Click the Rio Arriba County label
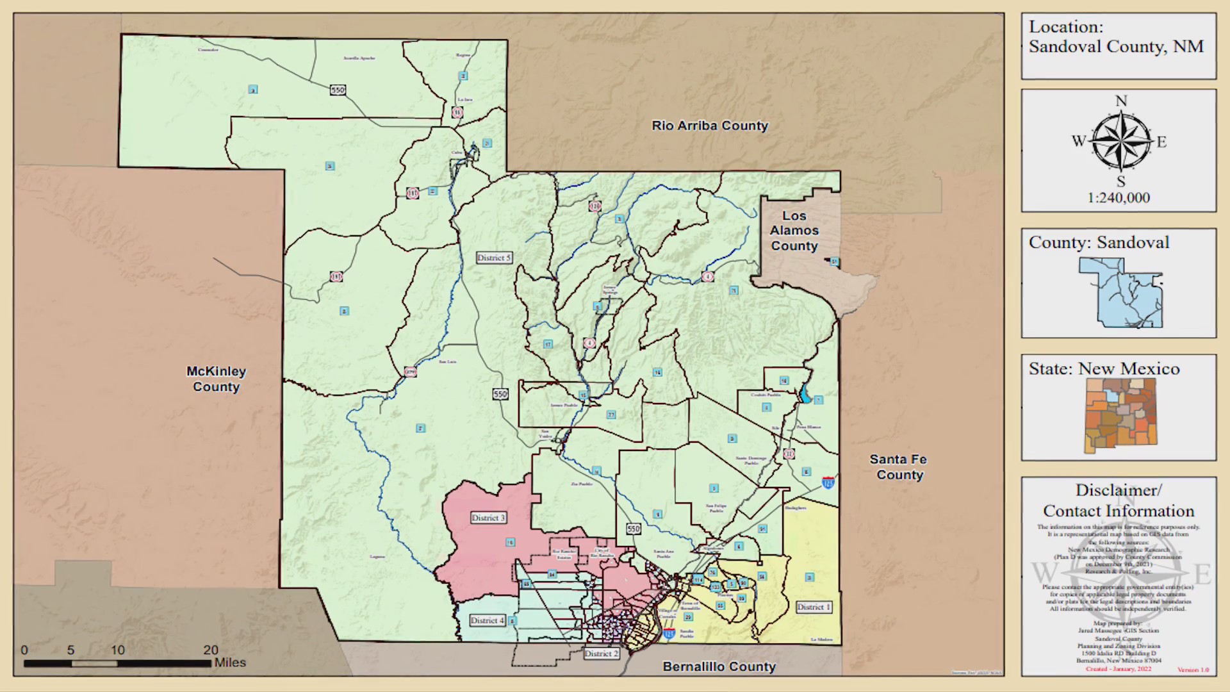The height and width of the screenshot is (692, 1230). pos(710,126)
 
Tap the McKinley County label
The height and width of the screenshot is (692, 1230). pos(216,379)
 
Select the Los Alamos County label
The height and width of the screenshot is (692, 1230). pos(794,231)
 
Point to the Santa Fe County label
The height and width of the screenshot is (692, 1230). pos(899,467)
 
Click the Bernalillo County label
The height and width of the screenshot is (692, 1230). pos(719,666)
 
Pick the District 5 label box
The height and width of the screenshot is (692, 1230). pos(494,258)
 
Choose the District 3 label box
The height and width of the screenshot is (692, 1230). pos(488,518)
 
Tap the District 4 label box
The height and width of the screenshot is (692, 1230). pos(487,620)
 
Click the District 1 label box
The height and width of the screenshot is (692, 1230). pos(814,607)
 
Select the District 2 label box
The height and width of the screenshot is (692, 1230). pos(601,654)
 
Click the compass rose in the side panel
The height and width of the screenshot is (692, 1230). pos(1120,141)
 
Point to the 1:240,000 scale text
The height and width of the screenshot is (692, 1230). pos(1119,198)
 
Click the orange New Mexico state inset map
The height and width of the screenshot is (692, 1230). pos(1120,415)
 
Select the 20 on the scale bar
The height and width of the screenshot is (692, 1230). pos(211,650)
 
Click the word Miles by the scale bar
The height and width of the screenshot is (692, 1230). pos(230,663)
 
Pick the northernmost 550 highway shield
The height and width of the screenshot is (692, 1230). pos(338,90)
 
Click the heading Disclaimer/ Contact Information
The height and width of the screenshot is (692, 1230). pos(1119,500)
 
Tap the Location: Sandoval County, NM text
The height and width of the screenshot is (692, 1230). pos(1116,37)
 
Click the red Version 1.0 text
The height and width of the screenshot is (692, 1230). pos(1193,670)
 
